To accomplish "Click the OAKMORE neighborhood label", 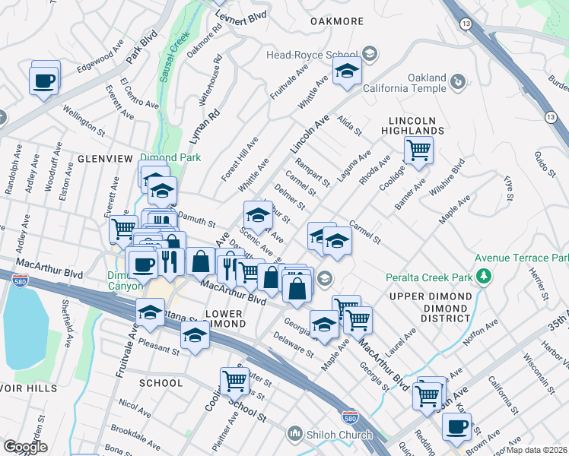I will tap(337, 21).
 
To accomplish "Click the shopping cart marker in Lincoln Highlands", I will tap(418, 150).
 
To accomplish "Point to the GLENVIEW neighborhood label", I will tap(95, 160).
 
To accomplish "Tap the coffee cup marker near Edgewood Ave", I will tap(44, 80).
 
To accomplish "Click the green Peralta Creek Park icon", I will tap(482, 276).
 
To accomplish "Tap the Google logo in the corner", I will tap(25, 447).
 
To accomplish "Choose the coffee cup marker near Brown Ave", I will tap(456, 427).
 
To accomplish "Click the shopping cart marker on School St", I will tap(234, 381).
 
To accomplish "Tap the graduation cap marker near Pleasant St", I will tap(195, 334).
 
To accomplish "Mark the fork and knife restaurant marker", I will tap(169, 261).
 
